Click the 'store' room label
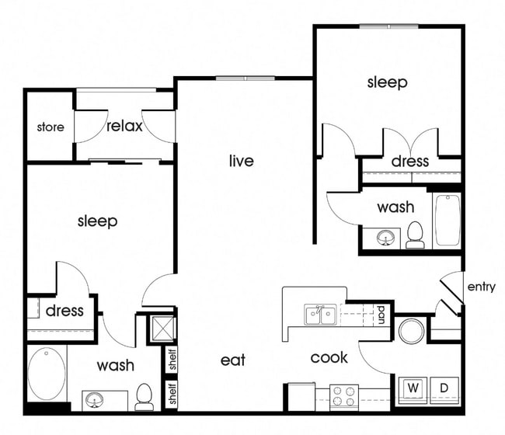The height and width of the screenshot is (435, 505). (50, 127)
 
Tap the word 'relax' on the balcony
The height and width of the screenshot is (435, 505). (124, 126)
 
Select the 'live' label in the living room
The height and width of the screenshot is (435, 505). (241, 161)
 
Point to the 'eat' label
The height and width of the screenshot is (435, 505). (232, 360)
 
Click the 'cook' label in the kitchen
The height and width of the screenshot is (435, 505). (329, 357)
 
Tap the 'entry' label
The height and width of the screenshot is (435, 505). (481, 287)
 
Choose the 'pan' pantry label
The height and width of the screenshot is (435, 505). (381, 314)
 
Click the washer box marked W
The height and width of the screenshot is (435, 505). (412, 387)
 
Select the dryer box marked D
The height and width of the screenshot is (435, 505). (444, 387)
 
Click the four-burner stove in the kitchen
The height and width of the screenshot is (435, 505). (344, 396)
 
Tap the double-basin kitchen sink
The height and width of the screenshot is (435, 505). (320, 315)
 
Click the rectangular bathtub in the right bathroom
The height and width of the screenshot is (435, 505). (447, 220)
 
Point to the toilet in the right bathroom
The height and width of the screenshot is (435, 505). (415, 235)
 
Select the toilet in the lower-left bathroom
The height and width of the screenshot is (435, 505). (144, 396)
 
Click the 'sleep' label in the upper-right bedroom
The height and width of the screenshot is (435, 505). (387, 82)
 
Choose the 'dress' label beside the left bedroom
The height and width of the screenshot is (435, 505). (64, 311)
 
